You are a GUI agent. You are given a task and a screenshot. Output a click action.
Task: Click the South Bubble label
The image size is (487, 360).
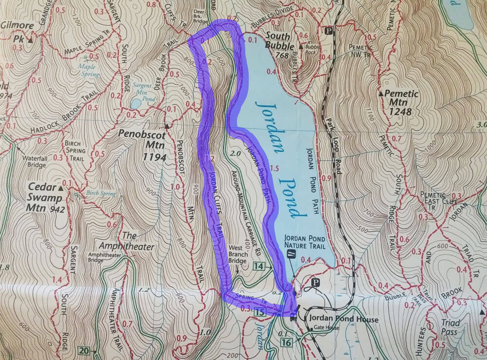(x=278, y=42)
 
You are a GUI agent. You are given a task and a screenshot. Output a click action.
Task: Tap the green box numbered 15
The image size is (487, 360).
(x=260, y=312)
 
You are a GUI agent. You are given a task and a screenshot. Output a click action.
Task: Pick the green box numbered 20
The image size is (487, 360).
(x=83, y=349)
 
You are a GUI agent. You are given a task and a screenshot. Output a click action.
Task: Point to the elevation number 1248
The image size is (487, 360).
(x=401, y=112)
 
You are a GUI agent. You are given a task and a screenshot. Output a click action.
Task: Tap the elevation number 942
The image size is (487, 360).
(x=57, y=210)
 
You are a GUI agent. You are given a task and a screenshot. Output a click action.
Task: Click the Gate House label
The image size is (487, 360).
(x=326, y=328)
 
